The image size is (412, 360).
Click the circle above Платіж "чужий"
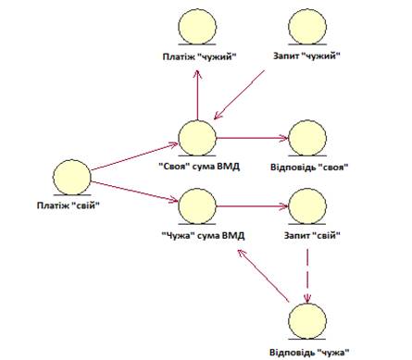[197, 26]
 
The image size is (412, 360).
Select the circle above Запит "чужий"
[307, 26]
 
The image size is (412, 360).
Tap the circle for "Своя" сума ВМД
[197, 138]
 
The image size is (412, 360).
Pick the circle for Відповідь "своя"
[307, 138]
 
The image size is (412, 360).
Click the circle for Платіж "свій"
[72, 177]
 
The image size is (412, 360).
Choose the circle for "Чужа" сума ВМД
[197, 206]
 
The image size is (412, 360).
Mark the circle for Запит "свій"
[307, 206]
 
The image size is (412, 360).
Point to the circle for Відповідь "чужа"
[307, 321]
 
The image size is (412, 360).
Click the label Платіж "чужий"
[199, 56]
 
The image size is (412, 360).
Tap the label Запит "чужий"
[306, 56]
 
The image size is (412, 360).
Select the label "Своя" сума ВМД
[199, 167]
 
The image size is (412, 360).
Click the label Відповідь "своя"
[309, 168]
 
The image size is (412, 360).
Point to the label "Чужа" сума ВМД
[203, 236]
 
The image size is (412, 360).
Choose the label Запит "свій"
[312, 236]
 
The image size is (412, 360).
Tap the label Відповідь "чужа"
[309, 352]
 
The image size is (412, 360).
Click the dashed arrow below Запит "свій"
[307, 276]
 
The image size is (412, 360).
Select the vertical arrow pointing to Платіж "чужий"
[197, 94]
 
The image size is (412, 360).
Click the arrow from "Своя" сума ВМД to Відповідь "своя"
[253, 138]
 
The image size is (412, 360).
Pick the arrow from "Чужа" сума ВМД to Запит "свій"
[253, 206]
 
